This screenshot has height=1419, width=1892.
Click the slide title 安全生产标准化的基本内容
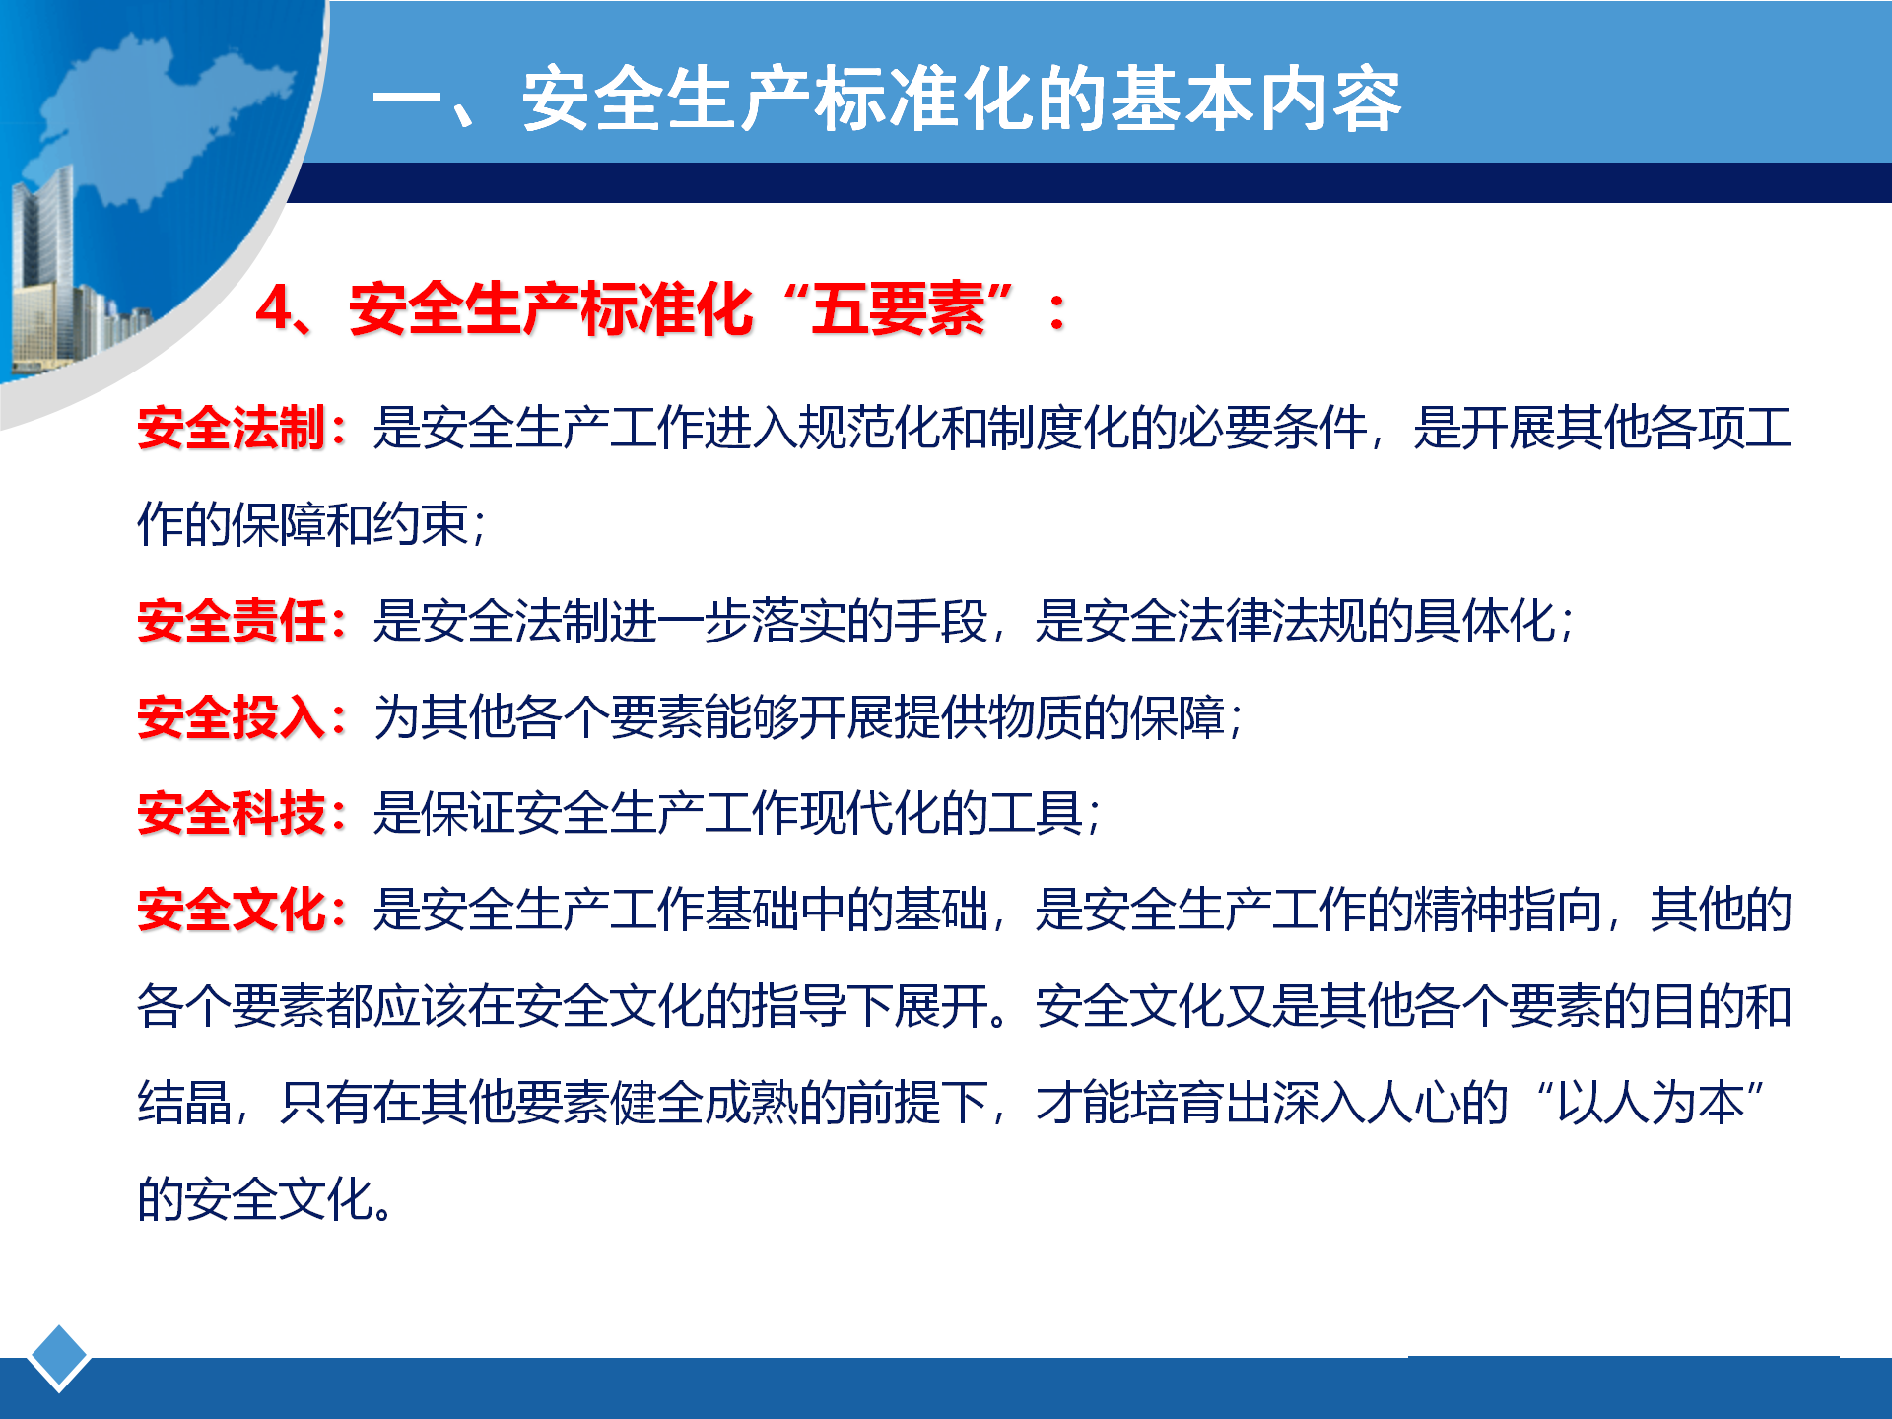point(961,100)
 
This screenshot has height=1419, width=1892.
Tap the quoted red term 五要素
point(898,308)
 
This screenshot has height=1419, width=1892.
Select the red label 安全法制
point(232,429)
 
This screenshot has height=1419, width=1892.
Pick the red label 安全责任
point(232,621)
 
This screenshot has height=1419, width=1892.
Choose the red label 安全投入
point(232,717)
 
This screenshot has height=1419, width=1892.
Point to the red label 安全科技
point(232,814)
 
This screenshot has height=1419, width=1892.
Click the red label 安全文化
point(232,910)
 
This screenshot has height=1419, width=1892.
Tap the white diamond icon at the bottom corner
point(59,1358)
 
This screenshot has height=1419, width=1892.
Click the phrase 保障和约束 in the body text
point(350,524)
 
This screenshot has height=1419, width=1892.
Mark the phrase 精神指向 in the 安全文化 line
point(1507,910)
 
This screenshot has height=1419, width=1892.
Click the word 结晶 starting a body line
point(184,1103)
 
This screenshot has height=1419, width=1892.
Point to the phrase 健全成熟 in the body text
point(705,1103)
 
